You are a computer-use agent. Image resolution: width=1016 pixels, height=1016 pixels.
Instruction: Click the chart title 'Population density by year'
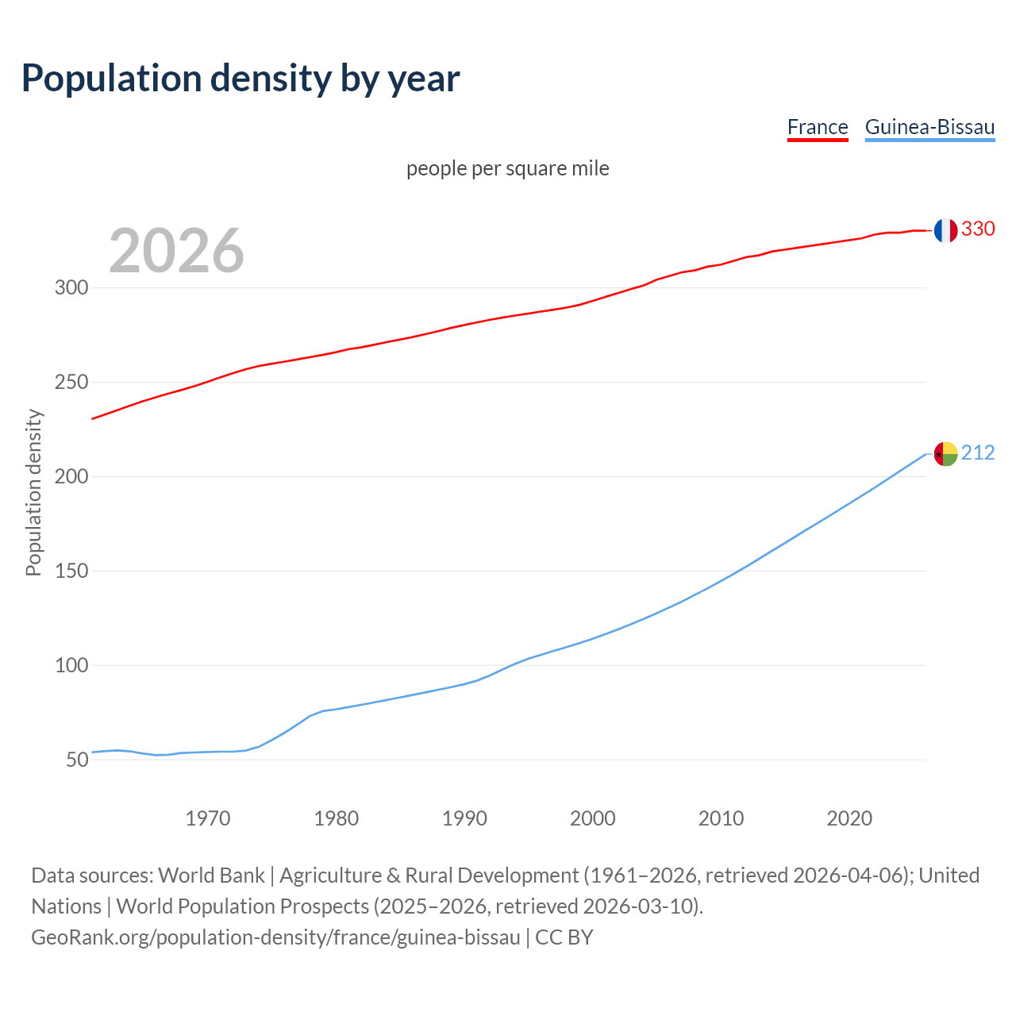click(241, 79)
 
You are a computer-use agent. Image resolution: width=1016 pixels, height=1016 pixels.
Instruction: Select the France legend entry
click(818, 127)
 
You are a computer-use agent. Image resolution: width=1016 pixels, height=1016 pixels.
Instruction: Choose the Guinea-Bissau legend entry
click(929, 127)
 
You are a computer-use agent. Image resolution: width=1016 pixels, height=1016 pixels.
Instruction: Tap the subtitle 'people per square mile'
click(508, 169)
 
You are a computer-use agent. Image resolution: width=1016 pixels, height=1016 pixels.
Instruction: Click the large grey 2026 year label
click(176, 251)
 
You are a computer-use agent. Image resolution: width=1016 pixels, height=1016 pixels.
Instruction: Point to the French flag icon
click(945, 230)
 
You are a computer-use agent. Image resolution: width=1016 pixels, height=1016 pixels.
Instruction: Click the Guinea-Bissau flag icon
click(945, 454)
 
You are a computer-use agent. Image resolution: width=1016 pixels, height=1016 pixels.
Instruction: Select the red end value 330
click(978, 229)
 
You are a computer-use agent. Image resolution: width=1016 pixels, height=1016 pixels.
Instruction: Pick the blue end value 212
click(978, 453)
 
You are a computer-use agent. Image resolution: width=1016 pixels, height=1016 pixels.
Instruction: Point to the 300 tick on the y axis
click(71, 288)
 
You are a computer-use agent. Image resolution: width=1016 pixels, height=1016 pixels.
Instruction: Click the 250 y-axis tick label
click(71, 383)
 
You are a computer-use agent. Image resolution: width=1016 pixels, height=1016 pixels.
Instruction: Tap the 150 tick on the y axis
click(71, 571)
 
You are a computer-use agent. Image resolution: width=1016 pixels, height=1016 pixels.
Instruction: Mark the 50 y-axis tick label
click(77, 760)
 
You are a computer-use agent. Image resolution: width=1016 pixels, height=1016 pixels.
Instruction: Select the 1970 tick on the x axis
click(208, 818)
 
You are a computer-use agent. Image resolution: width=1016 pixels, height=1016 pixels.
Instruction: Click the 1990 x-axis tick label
click(464, 818)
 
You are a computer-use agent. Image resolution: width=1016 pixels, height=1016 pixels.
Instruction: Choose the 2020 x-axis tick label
click(849, 818)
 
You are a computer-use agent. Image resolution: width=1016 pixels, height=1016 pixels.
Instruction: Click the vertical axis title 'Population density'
click(33, 492)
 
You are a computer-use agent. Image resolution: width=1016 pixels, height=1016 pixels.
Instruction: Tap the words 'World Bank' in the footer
click(211, 876)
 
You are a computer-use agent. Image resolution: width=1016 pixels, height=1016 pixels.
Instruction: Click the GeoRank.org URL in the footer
click(275, 937)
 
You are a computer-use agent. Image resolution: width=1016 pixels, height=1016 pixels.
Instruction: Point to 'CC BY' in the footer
click(564, 937)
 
